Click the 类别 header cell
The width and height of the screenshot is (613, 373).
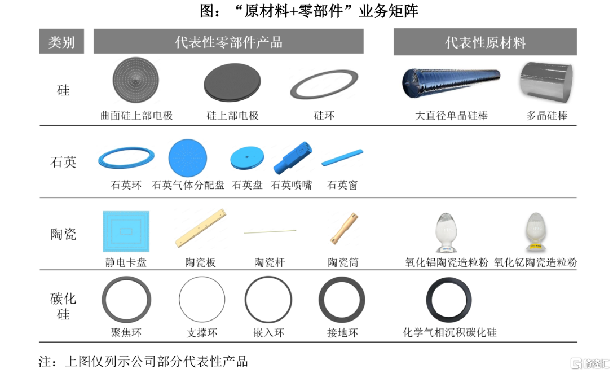[x=61, y=41]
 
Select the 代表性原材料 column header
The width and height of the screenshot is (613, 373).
[x=485, y=42]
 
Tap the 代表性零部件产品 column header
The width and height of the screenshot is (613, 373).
[x=228, y=41]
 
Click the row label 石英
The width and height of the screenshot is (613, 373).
[x=63, y=161]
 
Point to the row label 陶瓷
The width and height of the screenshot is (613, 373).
[x=63, y=234]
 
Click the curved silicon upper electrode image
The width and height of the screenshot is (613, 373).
[x=136, y=80]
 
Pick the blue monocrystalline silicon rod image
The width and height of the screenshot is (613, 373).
[x=451, y=83]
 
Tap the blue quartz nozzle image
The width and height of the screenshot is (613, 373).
[x=292, y=158]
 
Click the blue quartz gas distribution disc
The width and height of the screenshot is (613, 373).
[x=188, y=158]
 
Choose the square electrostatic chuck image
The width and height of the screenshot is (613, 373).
[x=126, y=231]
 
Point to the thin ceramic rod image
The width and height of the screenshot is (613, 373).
[x=270, y=232]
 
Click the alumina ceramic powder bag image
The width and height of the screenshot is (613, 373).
[x=446, y=232]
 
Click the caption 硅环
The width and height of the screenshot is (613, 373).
[x=324, y=116]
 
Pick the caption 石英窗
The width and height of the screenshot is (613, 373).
[x=342, y=185]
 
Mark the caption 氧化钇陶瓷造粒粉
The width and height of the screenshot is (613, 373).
[x=535, y=262]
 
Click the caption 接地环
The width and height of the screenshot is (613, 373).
[x=342, y=333]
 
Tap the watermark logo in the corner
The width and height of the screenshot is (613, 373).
[x=590, y=363]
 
